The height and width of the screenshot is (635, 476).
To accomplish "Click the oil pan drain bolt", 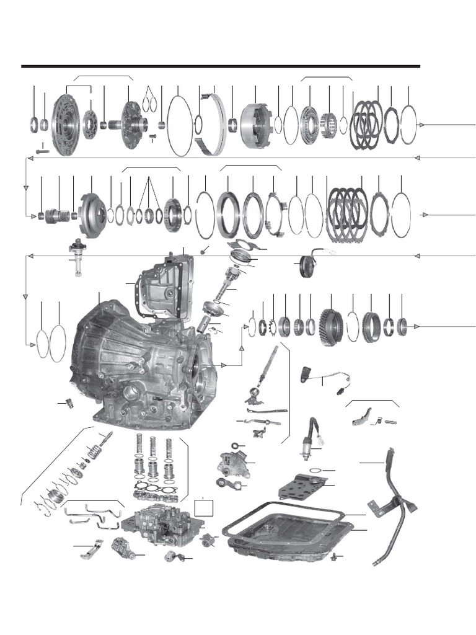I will tap(335, 556).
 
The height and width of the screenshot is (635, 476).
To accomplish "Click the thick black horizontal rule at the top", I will tap(220, 66).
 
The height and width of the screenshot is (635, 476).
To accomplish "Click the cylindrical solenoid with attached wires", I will tap(309, 442).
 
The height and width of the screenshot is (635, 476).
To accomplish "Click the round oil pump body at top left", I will tap(66, 124).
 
